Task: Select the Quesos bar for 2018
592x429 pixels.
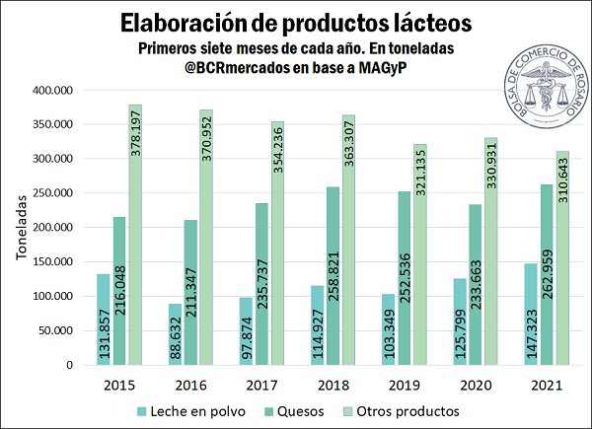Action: point(333,276)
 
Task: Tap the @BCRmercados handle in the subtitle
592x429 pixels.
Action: point(216,69)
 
